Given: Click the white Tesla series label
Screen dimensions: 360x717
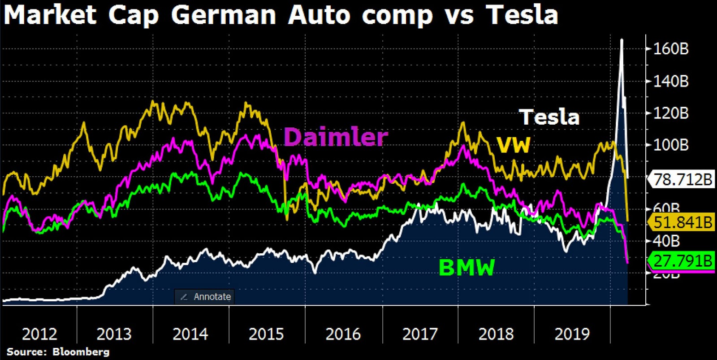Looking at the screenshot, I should click(x=549, y=117).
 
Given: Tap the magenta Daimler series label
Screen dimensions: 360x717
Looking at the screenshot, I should click(x=336, y=137).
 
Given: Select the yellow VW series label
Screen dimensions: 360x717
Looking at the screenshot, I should click(x=513, y=145).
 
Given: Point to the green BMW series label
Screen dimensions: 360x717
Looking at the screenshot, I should click(x=466, y=268).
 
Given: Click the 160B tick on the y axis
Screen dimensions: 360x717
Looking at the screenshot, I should click(x=671, y=48).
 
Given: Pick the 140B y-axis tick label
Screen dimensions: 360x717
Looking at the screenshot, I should click(x=671, y=81).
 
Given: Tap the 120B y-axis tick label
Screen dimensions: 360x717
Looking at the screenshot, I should click(x=671, y=113).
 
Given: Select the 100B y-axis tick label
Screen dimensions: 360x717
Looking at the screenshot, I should click(x=671, y=145).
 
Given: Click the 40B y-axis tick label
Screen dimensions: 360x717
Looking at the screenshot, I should click(x=666, y=241).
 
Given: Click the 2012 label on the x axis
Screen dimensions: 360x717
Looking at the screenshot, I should click(x=39, y=334).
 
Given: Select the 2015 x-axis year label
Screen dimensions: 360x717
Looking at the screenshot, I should click(x=266, y=334).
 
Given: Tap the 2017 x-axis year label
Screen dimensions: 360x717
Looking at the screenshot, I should click(x=420, y=334).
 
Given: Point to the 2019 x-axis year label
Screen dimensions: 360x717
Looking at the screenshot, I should click(x=572, y=334).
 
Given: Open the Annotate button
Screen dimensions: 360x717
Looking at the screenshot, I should click(x=205, y=297).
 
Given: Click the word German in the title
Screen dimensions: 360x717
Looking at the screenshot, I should click(x=223, y=15).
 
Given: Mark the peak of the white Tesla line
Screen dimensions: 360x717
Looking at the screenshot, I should click(x=622, y=40).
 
